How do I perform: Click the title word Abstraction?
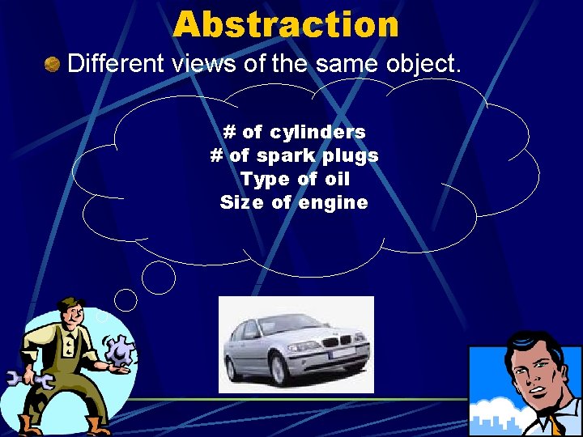pos(286,24)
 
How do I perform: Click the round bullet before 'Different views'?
pos(53,63)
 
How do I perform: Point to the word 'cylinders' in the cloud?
pos(317,131)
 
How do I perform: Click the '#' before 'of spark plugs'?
pos(216,155)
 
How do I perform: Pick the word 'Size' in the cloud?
pos(236,202)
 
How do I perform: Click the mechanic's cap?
pos(70,304)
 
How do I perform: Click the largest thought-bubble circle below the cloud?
pos(159,278)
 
